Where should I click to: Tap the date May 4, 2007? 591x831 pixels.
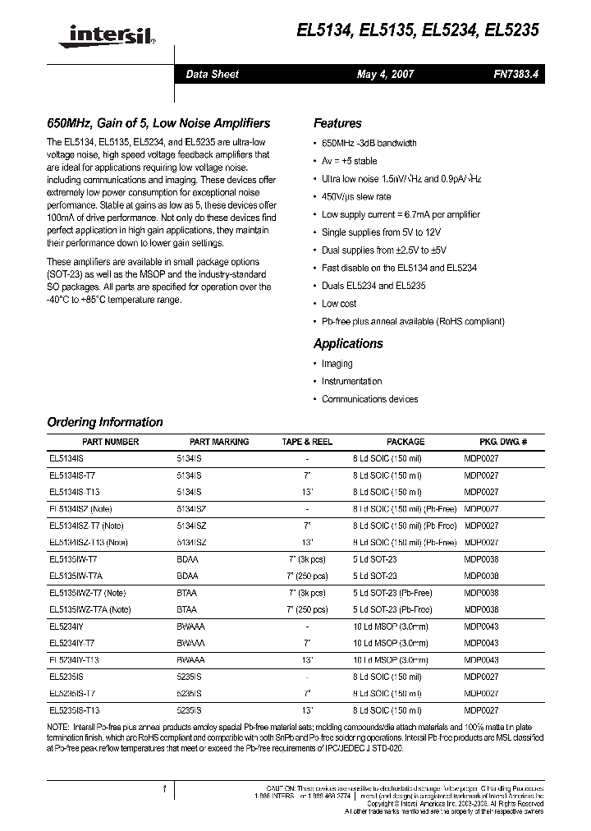(x=385, y=74)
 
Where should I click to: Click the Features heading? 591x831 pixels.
(x=337, y=124)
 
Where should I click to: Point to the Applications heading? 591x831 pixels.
(x=348, y=344)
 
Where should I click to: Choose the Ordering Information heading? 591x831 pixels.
(x=105, y=423)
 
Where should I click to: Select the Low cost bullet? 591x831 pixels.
(x=339, y=304)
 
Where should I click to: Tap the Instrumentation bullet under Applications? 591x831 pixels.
(x=351, y=381)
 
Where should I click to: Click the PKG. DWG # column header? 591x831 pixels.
(x=503, y=442)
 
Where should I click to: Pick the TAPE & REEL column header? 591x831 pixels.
(x=307, y=442)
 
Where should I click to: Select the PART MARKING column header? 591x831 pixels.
(x=218, y=442)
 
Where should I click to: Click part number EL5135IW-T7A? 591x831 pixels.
(x=77, y=576)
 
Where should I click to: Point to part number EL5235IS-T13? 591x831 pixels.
(x=75, y=709)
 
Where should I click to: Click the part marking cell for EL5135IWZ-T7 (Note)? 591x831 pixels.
(x=187, y=593)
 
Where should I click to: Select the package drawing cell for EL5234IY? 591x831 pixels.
(x=481, y=627)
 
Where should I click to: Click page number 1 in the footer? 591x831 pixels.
(x=164, y=789)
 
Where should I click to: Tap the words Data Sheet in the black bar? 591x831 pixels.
(x=212, y=74)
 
